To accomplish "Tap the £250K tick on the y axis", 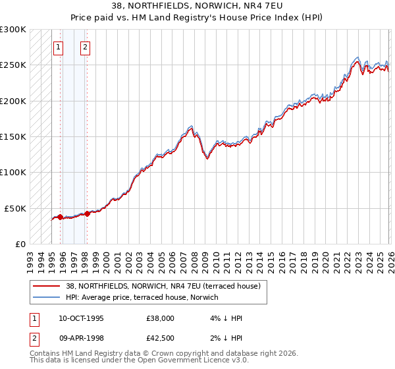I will click(14, 65).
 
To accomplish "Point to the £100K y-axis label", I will click(14, 172).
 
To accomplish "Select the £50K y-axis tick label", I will click(16, 208).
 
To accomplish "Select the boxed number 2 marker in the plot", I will click(86, 47).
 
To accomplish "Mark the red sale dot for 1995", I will click(60, 216).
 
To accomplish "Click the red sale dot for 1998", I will click(87, 213).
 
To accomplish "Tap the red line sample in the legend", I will click(45, 286).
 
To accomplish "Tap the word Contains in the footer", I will click(47, 354).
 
